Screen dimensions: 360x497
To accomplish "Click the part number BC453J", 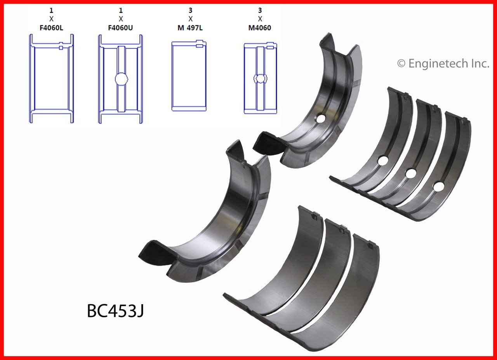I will pyautogui.click(x=115, y=311).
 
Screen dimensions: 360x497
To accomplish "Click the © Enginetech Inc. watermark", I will pyautogui.click(x=443, y=63).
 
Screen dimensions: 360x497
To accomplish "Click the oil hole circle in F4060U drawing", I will pyautogui.click(x=121, y=79).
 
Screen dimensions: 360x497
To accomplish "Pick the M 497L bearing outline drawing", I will pyautogui.click(x=190, y=76).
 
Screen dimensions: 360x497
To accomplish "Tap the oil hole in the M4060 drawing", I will pyautogui.click(x=260, y=78).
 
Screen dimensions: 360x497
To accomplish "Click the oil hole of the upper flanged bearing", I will pyautogui.click(x=320, y=119).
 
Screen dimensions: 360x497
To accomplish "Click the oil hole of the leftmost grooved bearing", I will pyautogui.click(x=382, y=160).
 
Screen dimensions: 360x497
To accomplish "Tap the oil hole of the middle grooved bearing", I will pyautogui.click(x=410, y=172).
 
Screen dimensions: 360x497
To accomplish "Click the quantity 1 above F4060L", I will pyautogui.click(x=51, y=10).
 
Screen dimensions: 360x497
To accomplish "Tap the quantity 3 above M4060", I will pyautogui.click(x=260, y=10).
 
